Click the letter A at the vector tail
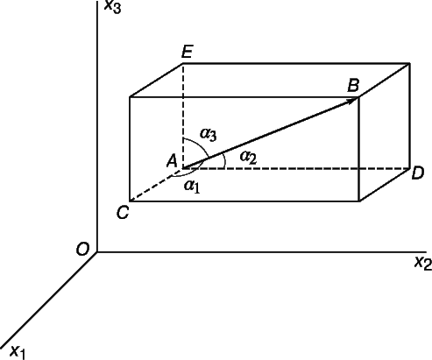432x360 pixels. point(173,161)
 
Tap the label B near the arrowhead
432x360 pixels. point(353,86)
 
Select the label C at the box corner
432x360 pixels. point(123,213)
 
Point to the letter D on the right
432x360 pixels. point(417,173)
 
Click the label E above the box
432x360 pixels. point(187,53)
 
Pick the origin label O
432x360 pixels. point(82,250)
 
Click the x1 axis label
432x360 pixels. point(18,352)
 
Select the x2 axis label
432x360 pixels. point(423,263)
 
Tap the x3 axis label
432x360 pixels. point(113,6)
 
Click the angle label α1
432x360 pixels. point(192,187)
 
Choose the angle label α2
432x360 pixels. point(248,158)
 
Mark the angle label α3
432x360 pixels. point(209,135)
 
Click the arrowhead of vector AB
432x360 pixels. point(352,101)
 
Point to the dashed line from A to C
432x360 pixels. point(156,185)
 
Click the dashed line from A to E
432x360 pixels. point(183,116)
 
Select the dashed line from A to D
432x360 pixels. point(296,168)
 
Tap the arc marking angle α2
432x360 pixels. point(224,160)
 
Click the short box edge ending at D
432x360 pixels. point(384,185)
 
